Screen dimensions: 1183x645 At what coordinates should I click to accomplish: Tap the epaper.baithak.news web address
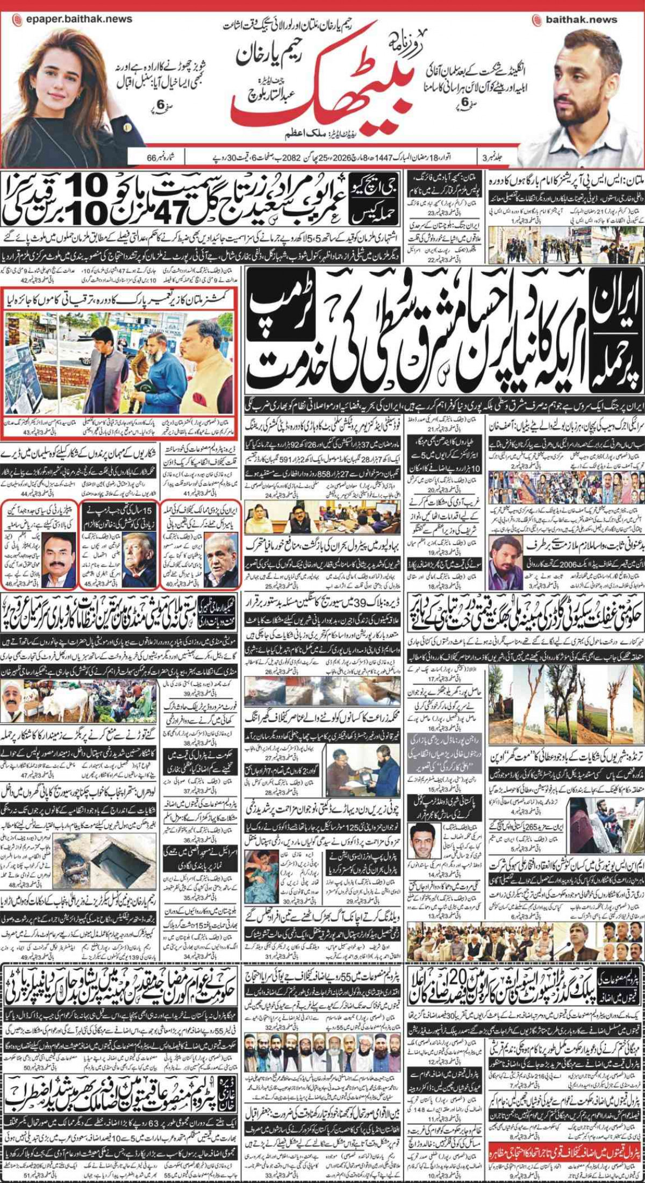[x=78, y=19]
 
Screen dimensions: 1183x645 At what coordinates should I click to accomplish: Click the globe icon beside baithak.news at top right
[x=536, y=20]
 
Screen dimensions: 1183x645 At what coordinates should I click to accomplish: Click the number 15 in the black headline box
[x=147, y=509]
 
